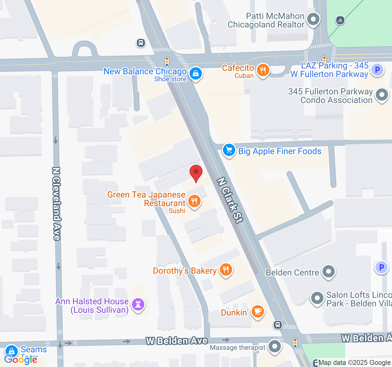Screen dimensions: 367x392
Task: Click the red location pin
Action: (196, 173)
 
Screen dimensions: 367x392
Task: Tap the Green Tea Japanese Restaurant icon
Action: (194, 202)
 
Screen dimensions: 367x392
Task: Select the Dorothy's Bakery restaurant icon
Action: (226, 270)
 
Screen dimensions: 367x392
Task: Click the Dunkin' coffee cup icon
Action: (258, 312)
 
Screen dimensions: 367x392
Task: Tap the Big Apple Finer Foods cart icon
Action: (229, 150)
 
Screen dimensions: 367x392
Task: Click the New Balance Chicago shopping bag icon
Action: (195, 74)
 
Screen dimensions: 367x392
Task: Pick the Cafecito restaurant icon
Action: (263, 70)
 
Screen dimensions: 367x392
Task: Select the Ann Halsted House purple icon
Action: (138, 305)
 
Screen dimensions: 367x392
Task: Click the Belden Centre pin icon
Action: (329, 272)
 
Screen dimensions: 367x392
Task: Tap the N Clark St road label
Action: (230, 200)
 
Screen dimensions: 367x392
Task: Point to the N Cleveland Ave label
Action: (56, 203)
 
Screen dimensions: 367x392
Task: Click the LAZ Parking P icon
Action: (377, 70)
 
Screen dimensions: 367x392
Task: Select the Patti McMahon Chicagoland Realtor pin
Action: (313, 20)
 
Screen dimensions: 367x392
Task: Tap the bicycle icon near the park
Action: (340, 20)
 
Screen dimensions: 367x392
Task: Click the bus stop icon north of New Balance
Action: (141, 43)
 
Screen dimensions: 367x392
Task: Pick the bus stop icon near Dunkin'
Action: (277, 324)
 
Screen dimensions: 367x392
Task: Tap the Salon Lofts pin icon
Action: (317, 298)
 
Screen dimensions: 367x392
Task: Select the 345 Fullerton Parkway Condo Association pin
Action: (382, 95)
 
